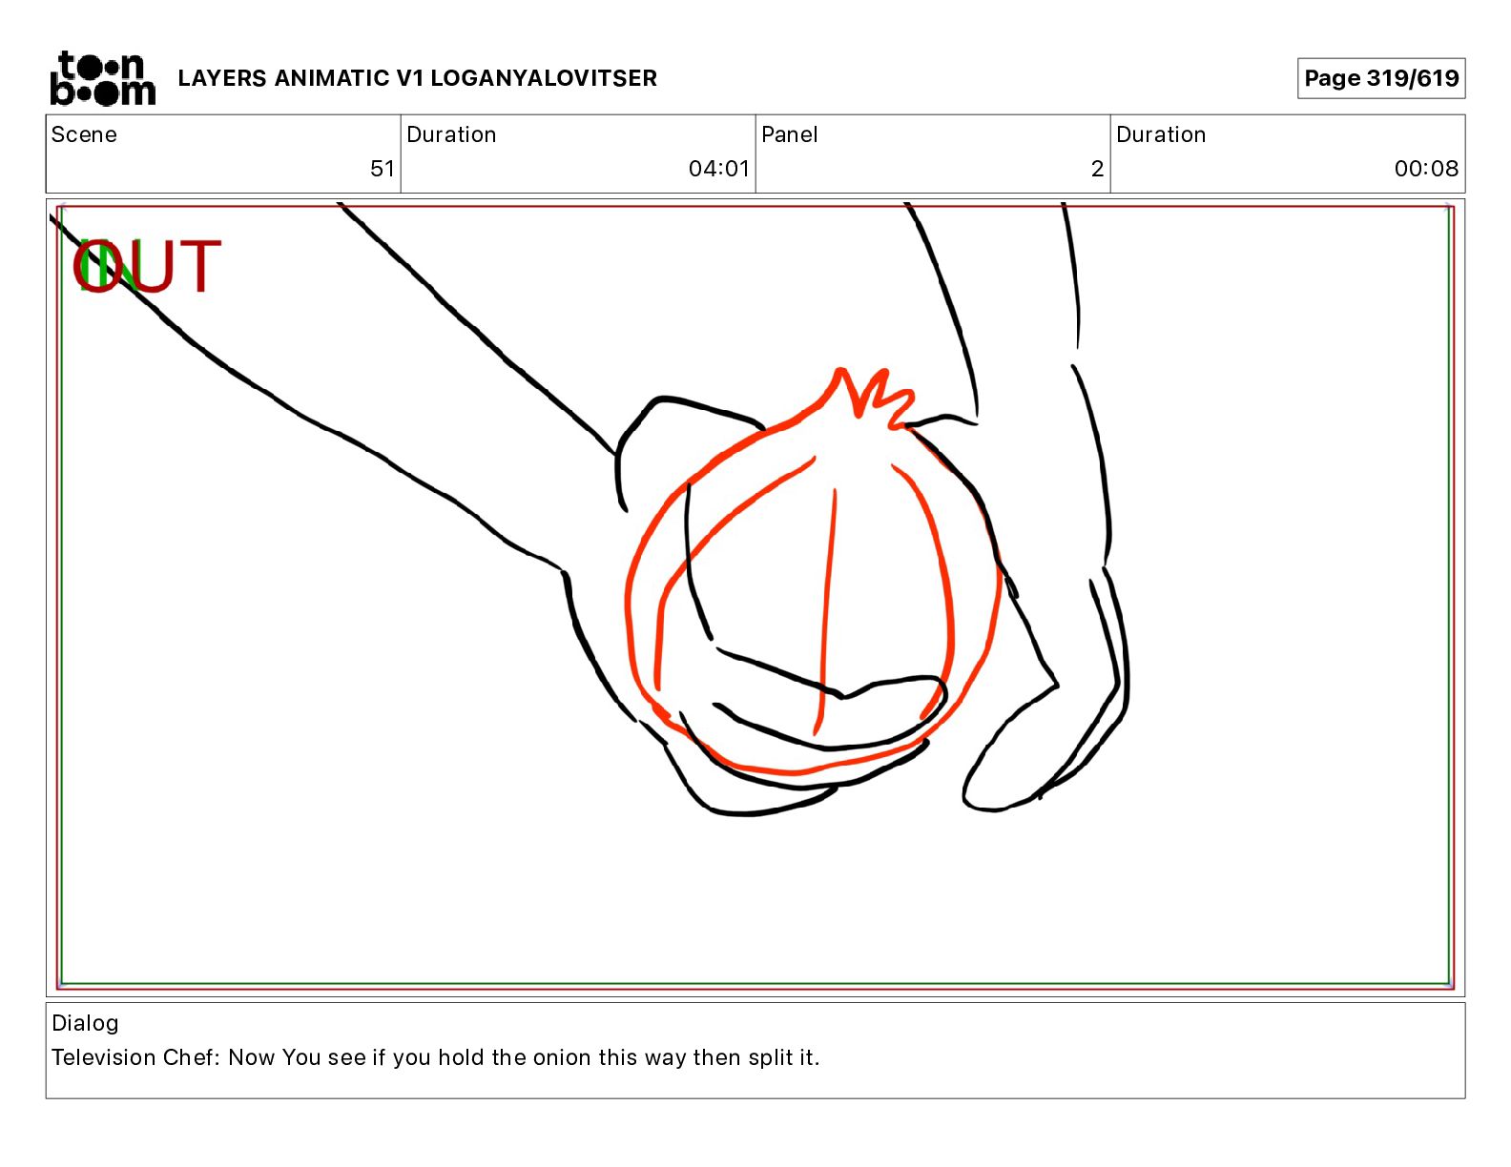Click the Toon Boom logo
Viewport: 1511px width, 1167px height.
click(103, 78)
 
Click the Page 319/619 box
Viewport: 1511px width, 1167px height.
click(1381, 78)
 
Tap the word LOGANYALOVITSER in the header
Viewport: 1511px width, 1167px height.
click(544, 78)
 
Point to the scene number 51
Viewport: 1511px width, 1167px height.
click(382, 168)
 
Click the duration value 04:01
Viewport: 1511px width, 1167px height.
click(718, 168)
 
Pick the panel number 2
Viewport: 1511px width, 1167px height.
click(1097, 168)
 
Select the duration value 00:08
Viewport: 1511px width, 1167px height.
click(1426, 168)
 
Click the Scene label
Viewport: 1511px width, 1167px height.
click(84, 134)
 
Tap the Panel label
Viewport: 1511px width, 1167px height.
click(789, 134)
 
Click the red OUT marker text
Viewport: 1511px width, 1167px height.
click(147, 265)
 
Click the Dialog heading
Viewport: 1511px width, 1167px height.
click(85, 1023)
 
